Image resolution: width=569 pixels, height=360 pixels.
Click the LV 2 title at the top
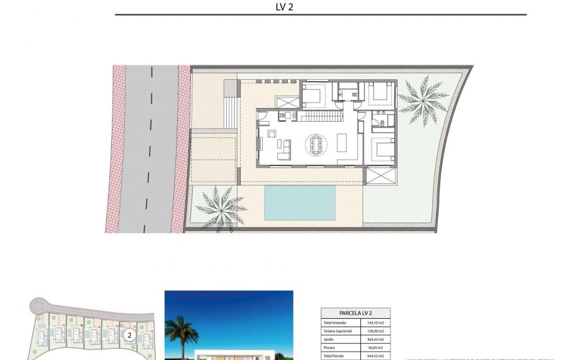[284, 7]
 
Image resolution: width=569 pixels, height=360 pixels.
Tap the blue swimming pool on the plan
[300, 202]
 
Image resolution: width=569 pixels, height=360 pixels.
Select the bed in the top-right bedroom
[377, 93]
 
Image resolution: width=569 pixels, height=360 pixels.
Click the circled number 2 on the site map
[129, 335]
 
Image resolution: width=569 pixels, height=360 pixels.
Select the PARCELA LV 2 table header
[355, 314]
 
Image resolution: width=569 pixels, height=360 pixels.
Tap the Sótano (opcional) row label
[337, 331]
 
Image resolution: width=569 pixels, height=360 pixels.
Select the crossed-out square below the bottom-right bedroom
[381, 175]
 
